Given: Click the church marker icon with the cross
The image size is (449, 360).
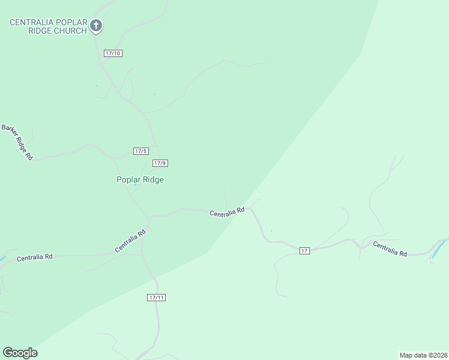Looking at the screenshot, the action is click(96, 25).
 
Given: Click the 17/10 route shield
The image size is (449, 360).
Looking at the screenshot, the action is click(113, 53).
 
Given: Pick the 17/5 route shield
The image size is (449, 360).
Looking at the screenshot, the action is click(140, 151).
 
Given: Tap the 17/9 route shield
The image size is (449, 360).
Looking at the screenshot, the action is click(160, 163).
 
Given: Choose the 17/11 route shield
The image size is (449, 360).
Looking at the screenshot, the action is click(156, 298).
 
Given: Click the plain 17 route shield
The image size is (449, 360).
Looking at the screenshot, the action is click(304, 250).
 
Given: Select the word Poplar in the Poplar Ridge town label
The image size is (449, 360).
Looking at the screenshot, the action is click(128, 179).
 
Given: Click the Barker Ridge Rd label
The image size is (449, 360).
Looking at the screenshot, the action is click(17, 142).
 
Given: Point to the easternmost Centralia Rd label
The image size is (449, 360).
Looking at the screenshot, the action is click(390, 249).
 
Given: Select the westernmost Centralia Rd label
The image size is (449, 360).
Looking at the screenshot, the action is click(35, 257).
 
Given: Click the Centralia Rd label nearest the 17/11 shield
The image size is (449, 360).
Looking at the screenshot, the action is click(131, 241).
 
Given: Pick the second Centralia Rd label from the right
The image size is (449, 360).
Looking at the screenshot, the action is click(227, 212).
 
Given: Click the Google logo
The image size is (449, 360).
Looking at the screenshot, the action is click(20, 353).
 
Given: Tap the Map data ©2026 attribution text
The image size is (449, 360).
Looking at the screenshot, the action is click(424, 355).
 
